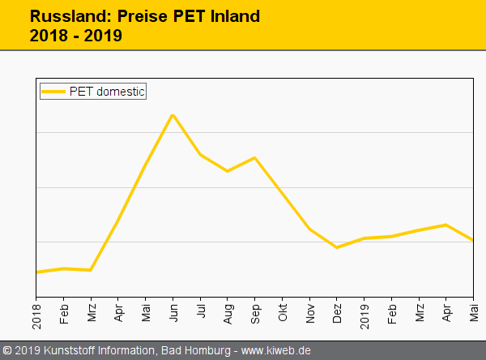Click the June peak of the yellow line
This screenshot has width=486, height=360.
pos(173,115)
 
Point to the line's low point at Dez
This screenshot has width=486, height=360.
pos(337,247)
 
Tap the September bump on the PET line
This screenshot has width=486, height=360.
pos(255,158)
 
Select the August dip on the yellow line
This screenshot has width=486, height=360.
pos(228,171)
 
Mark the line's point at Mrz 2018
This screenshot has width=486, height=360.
pos(91,270)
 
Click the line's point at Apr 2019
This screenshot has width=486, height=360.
pos(446,225)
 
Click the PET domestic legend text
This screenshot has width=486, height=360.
pos(107,92)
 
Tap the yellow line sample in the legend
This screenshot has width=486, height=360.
pos(53,92)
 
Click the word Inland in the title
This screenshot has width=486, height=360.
pos(236,15)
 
